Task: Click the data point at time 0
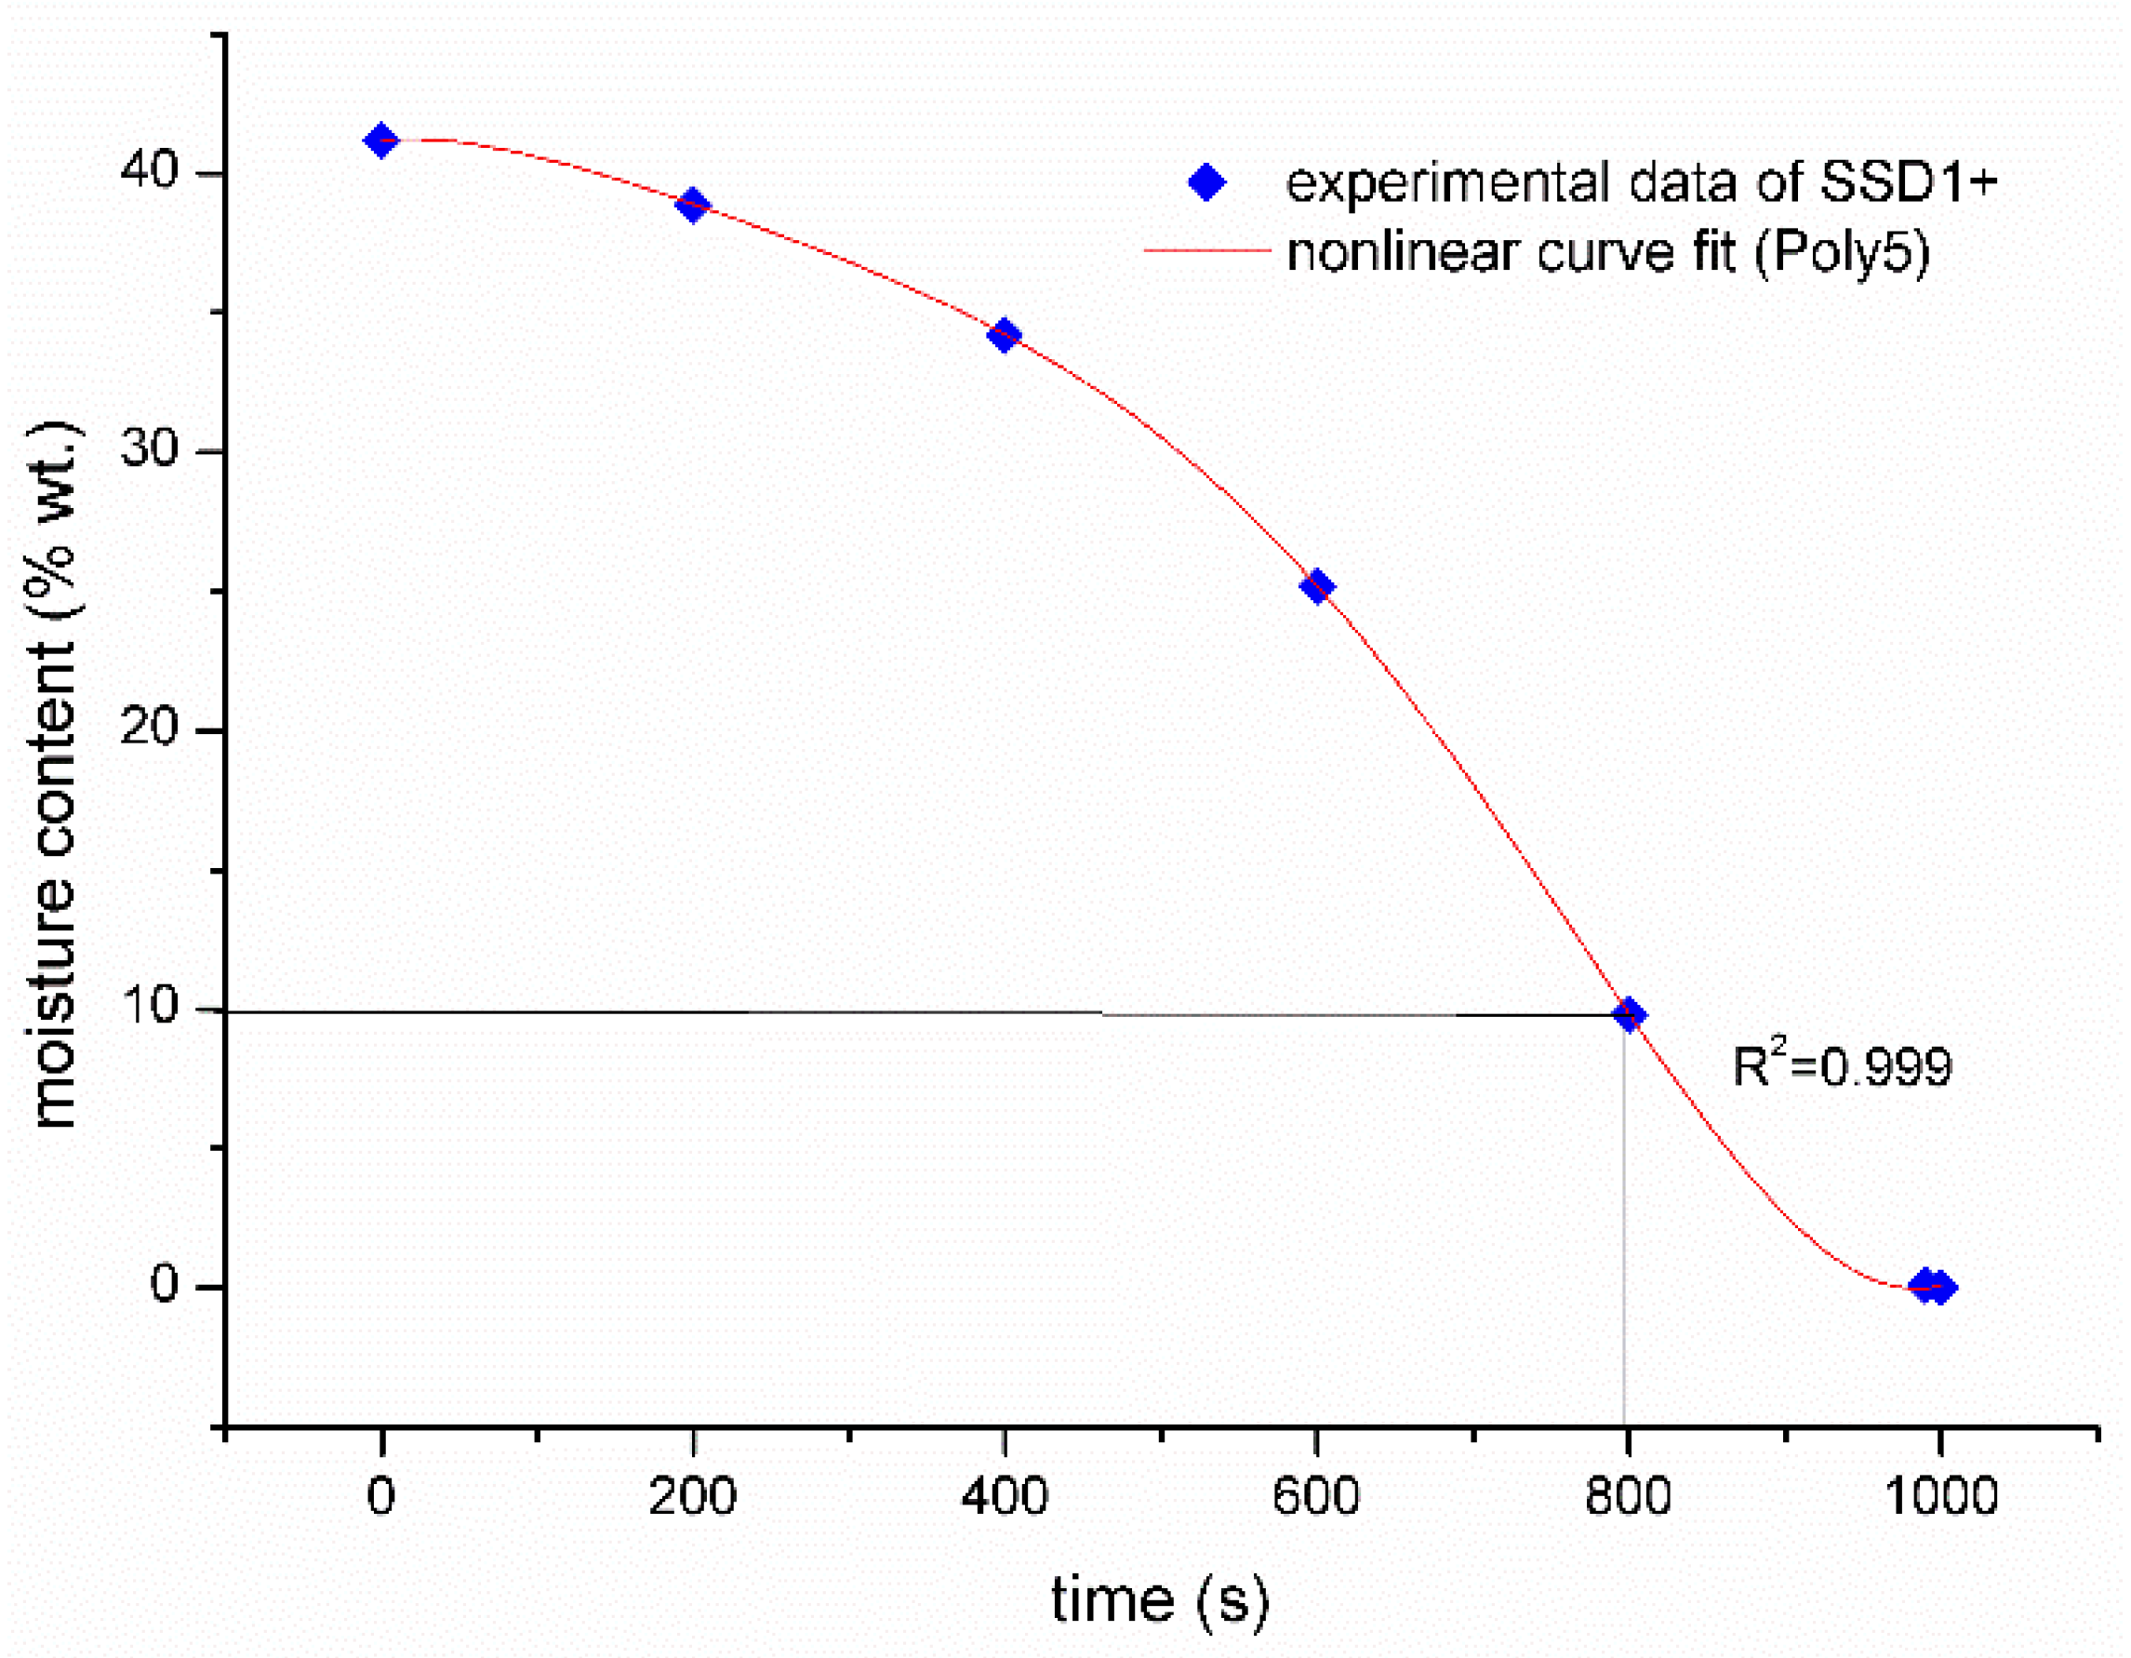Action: [x=380, y=140]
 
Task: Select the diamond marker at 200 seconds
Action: [x=693, y=206]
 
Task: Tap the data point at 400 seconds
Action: [x=1004, y=335]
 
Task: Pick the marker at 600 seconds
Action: [x=1317, y=585]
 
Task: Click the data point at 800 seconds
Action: [x=1629, y=1015]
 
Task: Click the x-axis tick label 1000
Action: [x=1939, y=1495]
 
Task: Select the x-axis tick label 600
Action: [x=1315, y=1495]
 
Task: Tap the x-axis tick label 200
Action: [x=692, y=1495]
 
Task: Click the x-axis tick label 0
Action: [x=380, y=1495]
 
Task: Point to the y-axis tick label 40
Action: [x=148, y=170]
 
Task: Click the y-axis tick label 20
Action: [x=148, y=726]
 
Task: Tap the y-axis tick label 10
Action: [x=148, y=1005]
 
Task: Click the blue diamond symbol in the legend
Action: [x=1206, y=182]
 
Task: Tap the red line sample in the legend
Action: [x=1206, y=251]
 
